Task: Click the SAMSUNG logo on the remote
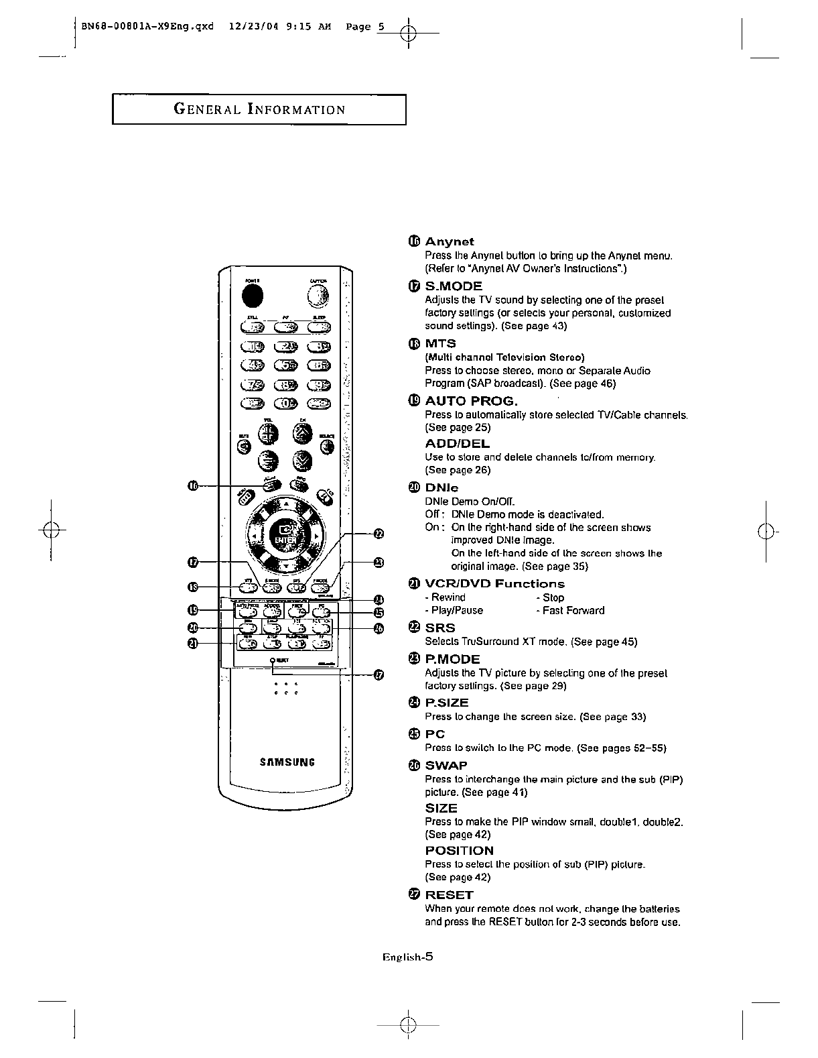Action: coord(287,762)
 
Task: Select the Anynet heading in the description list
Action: coord(450,241)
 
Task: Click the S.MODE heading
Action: coord(454,286)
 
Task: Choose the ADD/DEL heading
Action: coord(457,444)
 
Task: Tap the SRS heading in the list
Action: coord(439,628)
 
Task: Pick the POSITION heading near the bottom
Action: coord(459,851)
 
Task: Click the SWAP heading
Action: coord(446,766)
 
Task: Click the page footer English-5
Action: coord(407,957)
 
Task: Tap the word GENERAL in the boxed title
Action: coord(206,109)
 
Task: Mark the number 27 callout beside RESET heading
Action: coord(413,895)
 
